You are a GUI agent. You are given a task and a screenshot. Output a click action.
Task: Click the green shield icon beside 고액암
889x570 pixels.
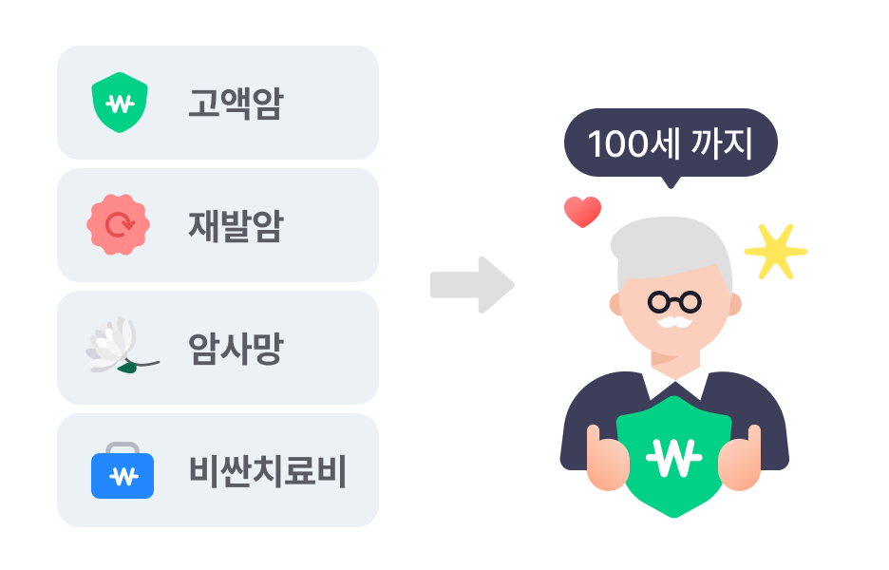tap(119, 103)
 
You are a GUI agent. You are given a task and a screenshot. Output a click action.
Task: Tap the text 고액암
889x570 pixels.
tap(235, 104)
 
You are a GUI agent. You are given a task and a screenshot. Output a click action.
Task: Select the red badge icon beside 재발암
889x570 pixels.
tap(119, 225)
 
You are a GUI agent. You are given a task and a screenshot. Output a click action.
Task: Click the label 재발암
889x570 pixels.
tap(235, 226)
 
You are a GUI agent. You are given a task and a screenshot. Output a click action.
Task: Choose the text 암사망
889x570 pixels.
tap(235, 349)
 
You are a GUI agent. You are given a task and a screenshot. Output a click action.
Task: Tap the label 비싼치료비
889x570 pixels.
tap(267, 471)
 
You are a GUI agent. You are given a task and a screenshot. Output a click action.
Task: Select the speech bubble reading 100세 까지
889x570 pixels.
tap(671, 144)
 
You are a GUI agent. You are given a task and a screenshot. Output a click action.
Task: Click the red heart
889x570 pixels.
tap(582, 211)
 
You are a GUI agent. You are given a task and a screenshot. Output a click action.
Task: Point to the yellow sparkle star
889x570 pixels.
tap(774, 252)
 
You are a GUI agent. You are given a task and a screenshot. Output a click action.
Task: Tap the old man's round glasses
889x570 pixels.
tap(674, 302)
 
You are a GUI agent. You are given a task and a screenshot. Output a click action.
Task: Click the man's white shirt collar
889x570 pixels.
tap(674, 383)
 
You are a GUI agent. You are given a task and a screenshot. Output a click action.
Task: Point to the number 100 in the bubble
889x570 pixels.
tap(616, 145)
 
